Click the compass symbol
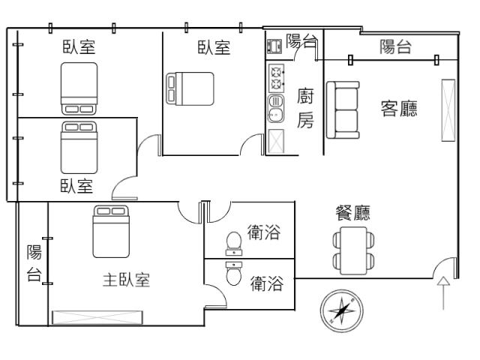(342, 311)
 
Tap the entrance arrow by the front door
(443, 293)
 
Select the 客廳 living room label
(399, 108)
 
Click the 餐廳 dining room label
(352, 213)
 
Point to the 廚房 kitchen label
(305, 108)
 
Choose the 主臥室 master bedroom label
(126, 280)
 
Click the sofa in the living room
(343, 110)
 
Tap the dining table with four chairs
(353, 250)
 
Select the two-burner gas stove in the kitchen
(276, 78)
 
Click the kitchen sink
(276, 108)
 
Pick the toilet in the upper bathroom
(234, 243)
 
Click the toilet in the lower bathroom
(233, 273)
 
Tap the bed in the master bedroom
(111, 232)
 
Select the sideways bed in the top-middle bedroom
(190, 88)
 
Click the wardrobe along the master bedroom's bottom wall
(97, 317)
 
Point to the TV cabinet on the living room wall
(448, 110)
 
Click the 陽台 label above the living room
(395, 47)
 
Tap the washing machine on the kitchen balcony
(274, 46)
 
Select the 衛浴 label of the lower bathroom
(267, 283)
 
